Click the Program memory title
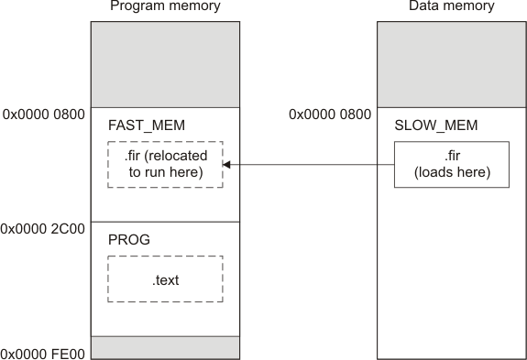pos(165,7)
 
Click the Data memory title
pos(452,7)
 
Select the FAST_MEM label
pos(140,123)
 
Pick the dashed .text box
pos(165,279)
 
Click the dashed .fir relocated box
pos(165,165)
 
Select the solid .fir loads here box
pos(452,165)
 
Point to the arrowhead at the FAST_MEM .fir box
pos(227,165)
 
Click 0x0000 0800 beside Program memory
pos(43,115)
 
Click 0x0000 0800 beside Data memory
pos(330,115)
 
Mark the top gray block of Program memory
pos(165,65)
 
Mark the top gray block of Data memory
pos(452,65)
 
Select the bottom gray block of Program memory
pos(165,347)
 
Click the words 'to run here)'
pos(166,172)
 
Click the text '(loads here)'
pos(452,172)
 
